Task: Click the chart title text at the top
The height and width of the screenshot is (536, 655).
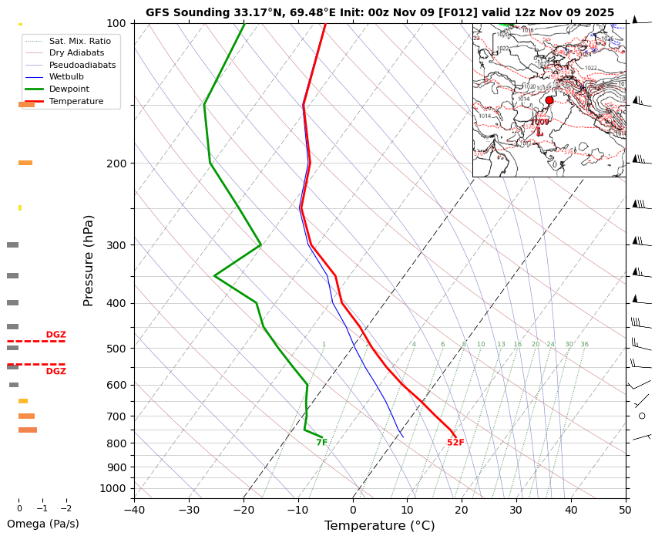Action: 380,12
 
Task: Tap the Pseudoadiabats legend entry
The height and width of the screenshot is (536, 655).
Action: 82,65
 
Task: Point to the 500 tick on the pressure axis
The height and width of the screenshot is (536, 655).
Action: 116,349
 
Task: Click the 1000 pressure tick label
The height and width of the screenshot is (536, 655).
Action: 114,488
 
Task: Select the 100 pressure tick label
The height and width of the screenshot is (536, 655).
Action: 116,24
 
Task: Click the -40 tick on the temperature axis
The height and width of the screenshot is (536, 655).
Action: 134,509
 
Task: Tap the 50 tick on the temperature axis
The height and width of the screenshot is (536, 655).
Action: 625,509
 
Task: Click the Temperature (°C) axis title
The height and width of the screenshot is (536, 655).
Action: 379,526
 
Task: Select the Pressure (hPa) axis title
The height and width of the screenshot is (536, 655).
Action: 89,260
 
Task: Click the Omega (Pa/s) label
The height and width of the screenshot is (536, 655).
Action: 43,524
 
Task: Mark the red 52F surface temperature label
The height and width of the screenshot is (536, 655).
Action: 455,443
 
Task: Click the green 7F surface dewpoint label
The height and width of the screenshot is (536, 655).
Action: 321,443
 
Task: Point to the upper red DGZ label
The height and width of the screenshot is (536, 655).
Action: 55,335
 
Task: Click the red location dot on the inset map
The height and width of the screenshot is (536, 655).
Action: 549,100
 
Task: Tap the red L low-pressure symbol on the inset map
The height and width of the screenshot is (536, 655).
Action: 539,133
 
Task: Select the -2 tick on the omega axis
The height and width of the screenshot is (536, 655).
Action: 65,509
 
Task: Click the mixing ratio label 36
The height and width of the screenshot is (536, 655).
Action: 584,345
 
